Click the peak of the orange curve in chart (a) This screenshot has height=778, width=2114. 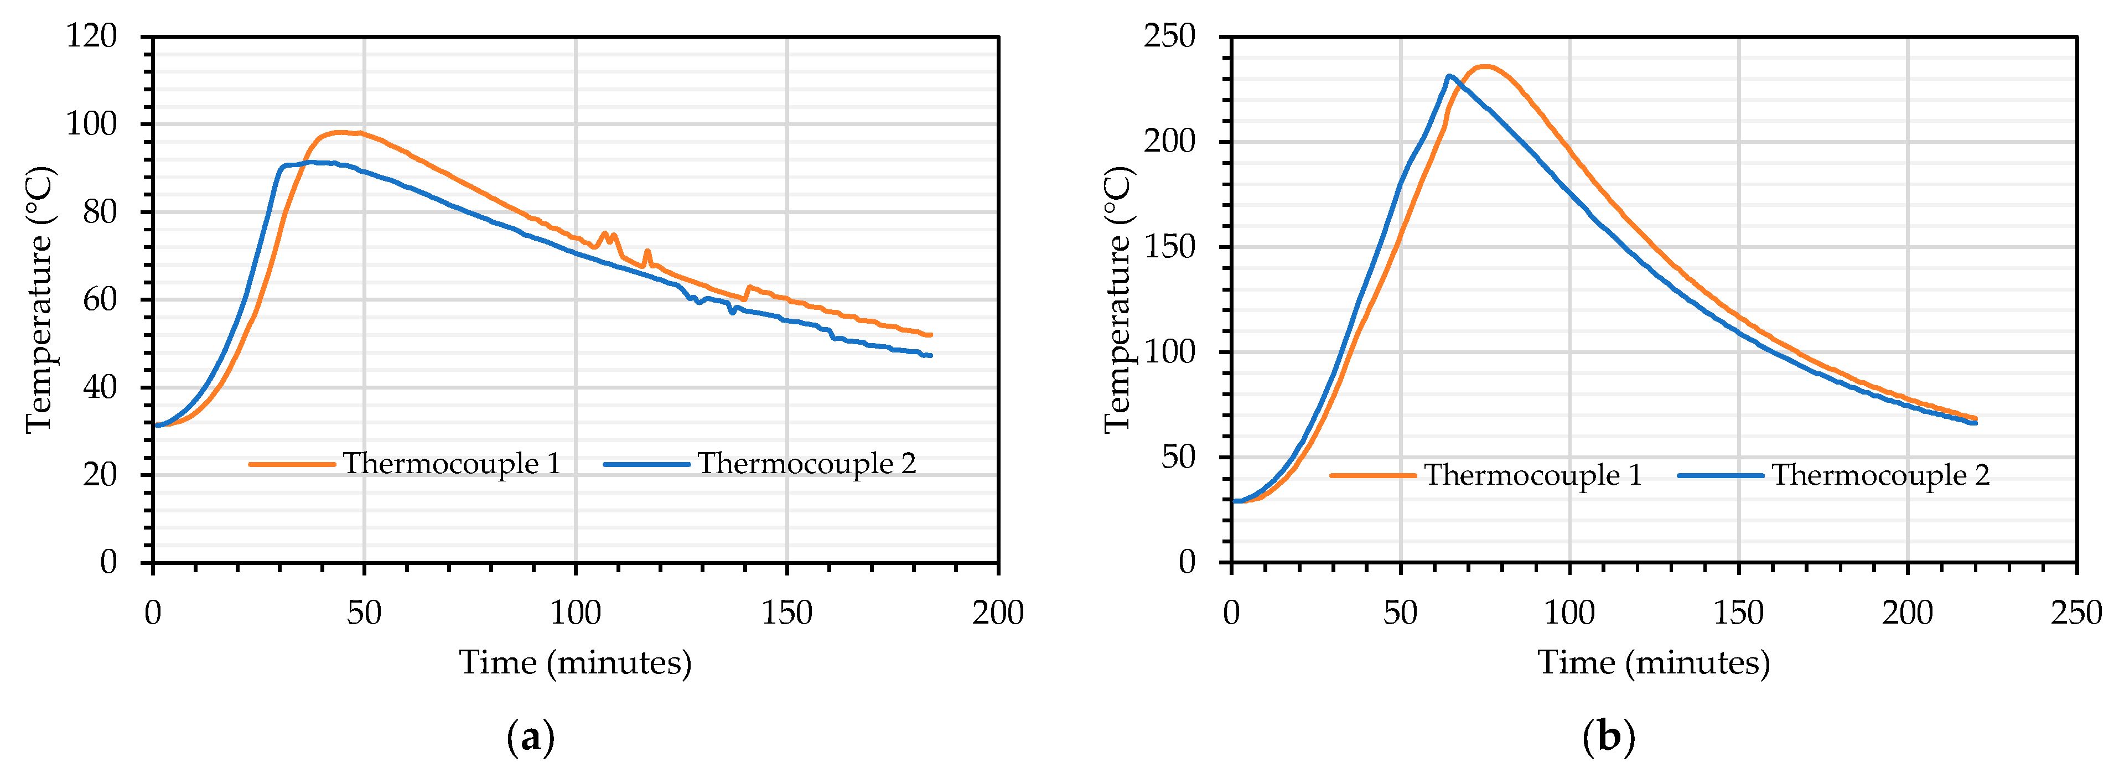[x=340, y=132]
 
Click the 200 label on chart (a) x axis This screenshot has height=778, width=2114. [x=998, y=613]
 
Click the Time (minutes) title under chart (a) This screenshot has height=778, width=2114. [x=576, y=662]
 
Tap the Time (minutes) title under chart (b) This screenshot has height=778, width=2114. [x=1654, y=662]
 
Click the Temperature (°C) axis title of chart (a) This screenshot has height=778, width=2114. [x=39, y=299]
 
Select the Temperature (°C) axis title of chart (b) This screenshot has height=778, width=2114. [x=1118, y=299]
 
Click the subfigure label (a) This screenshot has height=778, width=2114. [x=531, y=738]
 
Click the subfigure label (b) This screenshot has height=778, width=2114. [x=1609, y=738]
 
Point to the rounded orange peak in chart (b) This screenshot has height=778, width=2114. [x=1485, y=66]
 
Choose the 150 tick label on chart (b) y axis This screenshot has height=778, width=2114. [x=1169, y=246]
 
